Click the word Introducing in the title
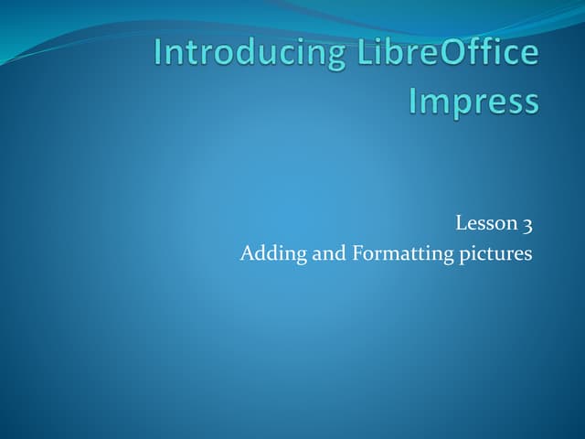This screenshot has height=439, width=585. click(x=239, y=52)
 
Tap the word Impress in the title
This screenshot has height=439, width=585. click(x=473, y=101)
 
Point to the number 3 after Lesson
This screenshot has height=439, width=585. click(x=527, y=222)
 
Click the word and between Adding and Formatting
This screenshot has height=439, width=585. click(x=329, y=253)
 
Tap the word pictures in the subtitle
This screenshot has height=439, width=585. click(x=495, y=253)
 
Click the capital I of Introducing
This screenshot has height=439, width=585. click(x=159, y=52)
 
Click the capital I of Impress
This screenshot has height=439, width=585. click(x=413, y=101)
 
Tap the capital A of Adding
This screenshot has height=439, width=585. click(x=247, y=253)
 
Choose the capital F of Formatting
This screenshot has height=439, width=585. click(x=356, y=253)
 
